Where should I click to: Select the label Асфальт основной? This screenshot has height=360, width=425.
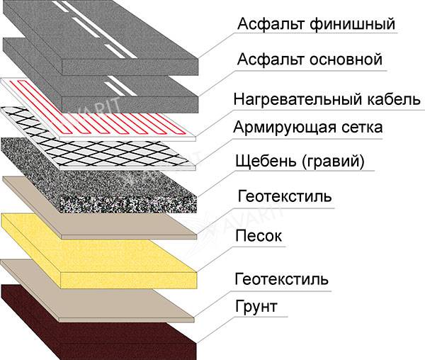coord(310,60)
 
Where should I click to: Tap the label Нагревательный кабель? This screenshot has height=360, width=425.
coord(327,99)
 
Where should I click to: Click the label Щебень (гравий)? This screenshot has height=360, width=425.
coord(298,162)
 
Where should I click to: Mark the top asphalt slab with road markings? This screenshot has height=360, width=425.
coord(106,28)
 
